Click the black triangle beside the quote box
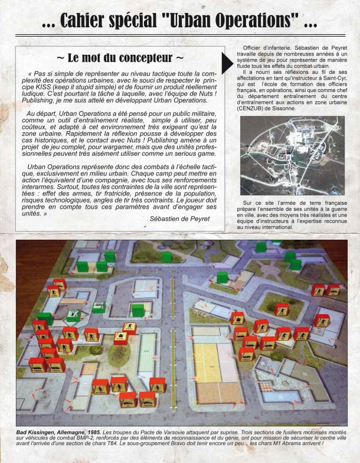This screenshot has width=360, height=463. point(228,62)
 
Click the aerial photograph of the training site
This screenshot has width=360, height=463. point(292,155)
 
